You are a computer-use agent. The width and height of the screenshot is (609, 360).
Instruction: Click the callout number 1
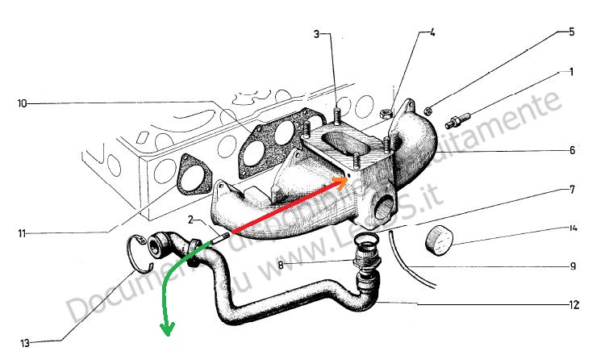point(570,73)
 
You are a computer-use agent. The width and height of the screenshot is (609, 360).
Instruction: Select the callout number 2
point(190,220)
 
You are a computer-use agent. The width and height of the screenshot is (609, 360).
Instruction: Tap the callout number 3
point(317,34)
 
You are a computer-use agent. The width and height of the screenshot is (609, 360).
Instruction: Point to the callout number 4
point(432,33)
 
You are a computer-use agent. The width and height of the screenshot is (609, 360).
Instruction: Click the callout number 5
point(571,33)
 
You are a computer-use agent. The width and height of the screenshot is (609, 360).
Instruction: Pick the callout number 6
point(571,150)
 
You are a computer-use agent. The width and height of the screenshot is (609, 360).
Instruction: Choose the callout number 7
point(571,190)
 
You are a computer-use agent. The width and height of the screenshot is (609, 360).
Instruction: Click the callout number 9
point(571,266)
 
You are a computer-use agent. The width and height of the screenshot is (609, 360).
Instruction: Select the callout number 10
point(22,103)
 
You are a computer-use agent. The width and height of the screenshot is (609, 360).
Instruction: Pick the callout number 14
point(571,228)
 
